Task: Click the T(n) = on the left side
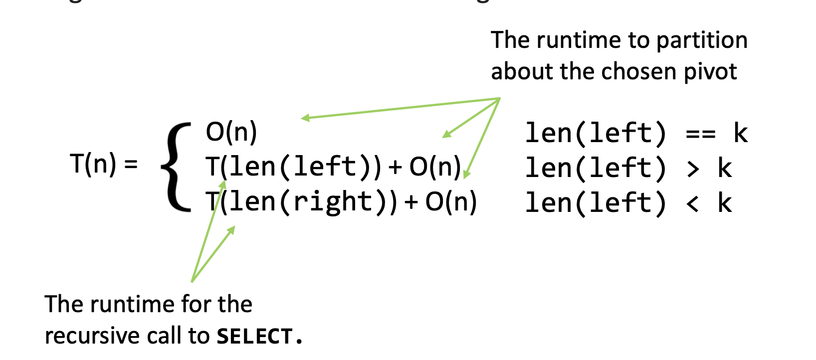[x=103, y=164]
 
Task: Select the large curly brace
[x=176, y=167]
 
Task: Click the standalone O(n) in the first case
[x=231, y=132]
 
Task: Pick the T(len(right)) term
[x=302, y=202]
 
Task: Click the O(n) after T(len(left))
[x=435, y=167]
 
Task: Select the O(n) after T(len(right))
[x=451, y=202]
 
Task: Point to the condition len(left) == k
[x=636, y=134]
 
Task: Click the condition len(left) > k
[x=628, y=168]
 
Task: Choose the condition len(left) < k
[x=628, y=203]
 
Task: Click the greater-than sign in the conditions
[x=693, y=169]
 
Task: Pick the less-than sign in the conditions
[x=692, y=203]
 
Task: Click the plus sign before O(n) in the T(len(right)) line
[x=411, y=202]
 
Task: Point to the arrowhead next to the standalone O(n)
[x=305, y=118]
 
